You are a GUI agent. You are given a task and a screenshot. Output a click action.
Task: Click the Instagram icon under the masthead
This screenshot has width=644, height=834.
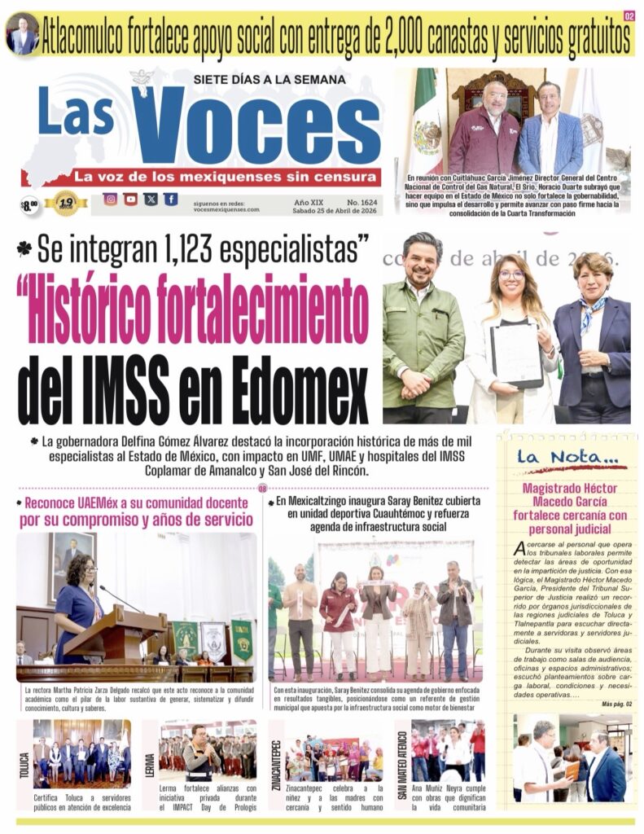(110, 199)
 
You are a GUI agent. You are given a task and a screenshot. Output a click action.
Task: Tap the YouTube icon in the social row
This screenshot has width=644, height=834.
(130, 199)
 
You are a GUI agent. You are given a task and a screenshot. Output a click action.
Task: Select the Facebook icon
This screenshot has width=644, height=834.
(170, 199)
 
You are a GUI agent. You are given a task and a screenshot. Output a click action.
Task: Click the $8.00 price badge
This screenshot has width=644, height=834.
(30, 205)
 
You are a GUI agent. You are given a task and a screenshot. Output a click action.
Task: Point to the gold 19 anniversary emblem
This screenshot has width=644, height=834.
(66, 202)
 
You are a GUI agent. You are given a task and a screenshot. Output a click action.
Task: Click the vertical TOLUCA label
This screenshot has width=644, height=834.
(24, 766)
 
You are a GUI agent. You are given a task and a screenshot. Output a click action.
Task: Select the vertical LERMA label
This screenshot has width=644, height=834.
(150, 766)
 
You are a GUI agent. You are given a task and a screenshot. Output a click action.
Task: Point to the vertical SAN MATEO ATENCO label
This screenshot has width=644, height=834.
(401, 765)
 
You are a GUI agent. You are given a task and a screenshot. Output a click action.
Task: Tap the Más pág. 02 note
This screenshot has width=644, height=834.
(616, 704)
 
